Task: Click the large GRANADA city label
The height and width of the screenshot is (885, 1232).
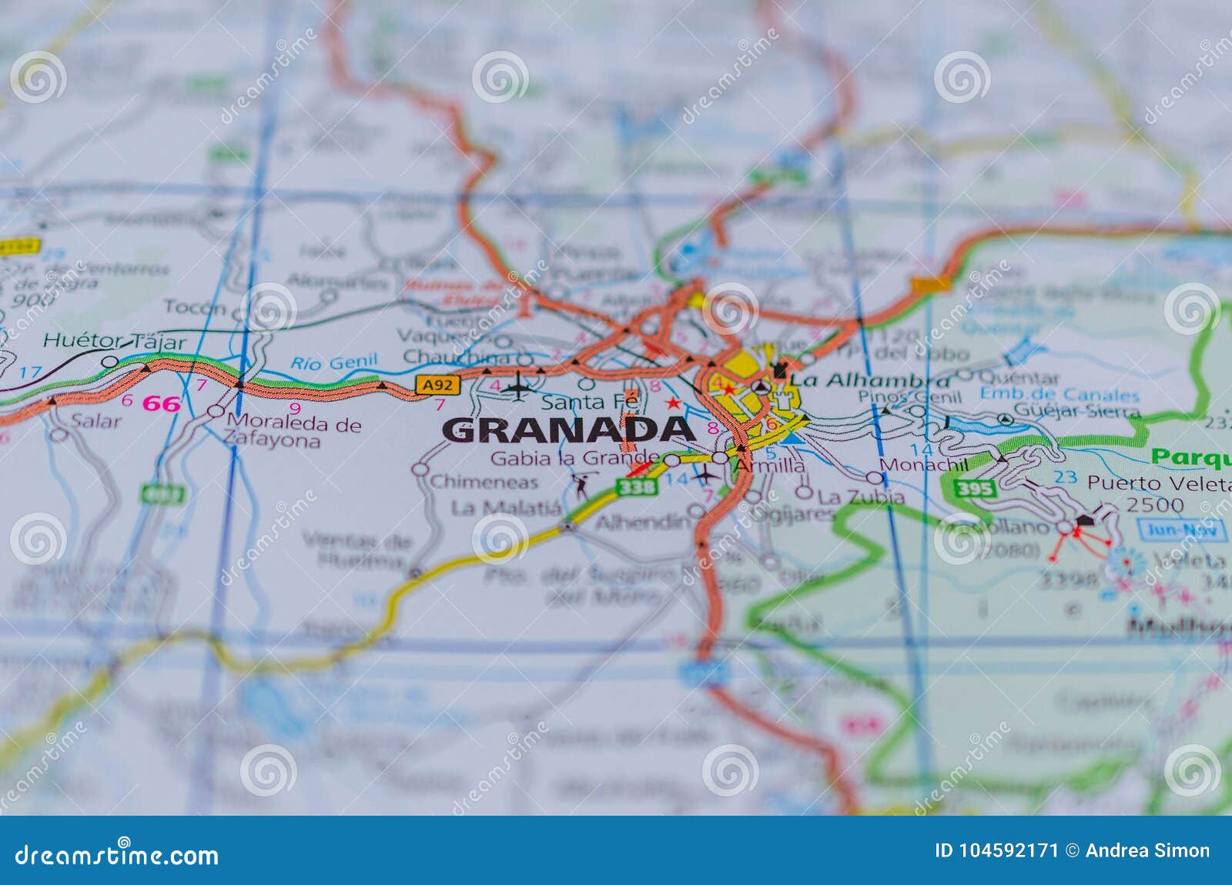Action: click(x=568, y=429)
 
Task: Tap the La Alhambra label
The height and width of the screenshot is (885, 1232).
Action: click(x=870, y=380)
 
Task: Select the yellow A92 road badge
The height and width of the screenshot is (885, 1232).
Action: click(x=432, y=386)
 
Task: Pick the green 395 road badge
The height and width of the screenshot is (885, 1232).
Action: click(x=975, y=488)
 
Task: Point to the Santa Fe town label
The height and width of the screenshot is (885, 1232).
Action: click(x=590, y=402)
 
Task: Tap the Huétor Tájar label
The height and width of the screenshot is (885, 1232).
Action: click(x=114, y=341)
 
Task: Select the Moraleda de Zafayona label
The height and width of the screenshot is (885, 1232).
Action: click(x=293, y=432)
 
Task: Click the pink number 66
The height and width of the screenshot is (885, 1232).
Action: click(x=162, y=403)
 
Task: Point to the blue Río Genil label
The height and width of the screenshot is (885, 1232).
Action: click(x=334, y=362)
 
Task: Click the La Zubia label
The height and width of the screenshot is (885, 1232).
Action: click(x=861, y=497)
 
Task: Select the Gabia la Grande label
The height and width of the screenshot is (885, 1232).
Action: click(x=574, y=459)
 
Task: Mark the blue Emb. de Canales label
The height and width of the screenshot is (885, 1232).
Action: click(x=1059, y=395)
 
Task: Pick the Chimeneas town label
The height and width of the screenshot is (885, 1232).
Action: click(x=484, y=482)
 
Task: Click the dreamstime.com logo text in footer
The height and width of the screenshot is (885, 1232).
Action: click(x=117, y=855)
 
